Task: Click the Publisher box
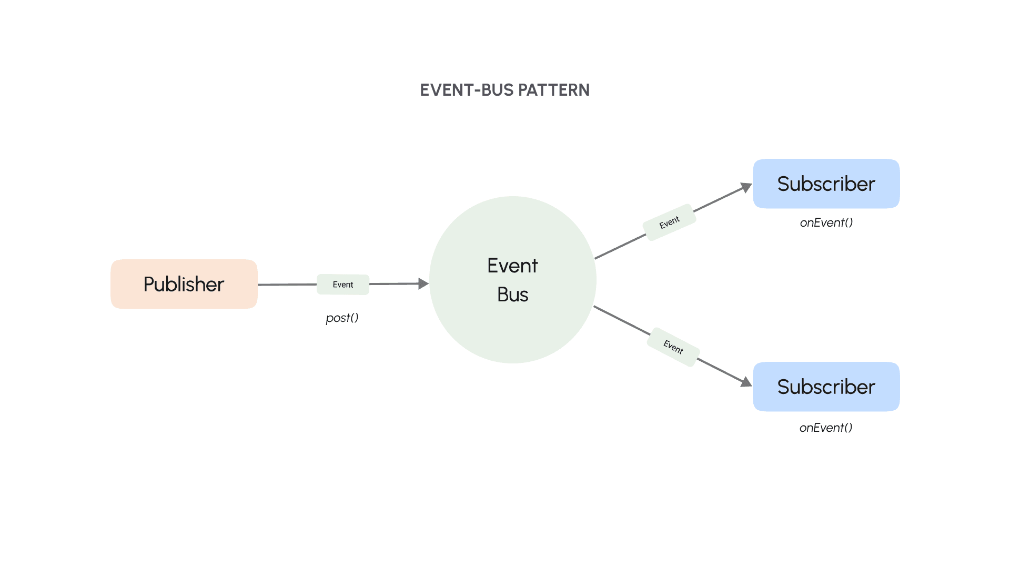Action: point(184,284)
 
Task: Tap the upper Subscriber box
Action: point(826,184)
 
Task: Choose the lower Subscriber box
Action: point(826,387)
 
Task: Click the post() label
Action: point(342,318)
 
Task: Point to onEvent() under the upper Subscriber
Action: point(826,222)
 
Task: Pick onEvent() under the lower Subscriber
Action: point(826,428)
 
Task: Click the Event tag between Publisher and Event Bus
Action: point(343,285)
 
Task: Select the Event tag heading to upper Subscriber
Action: point(670,222)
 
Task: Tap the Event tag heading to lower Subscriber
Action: point(673,347)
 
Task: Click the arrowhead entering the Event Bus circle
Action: point(423,284)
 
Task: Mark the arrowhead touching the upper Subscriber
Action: point(746,187)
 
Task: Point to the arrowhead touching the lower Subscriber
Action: point(746,382)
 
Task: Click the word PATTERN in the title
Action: point(553,90)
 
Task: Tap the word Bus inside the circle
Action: point(513,295)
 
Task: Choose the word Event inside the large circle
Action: point(513,266)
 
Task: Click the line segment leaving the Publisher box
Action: point(287,285)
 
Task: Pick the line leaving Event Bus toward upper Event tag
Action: point(621,246)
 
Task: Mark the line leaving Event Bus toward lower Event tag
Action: point(622,320)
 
